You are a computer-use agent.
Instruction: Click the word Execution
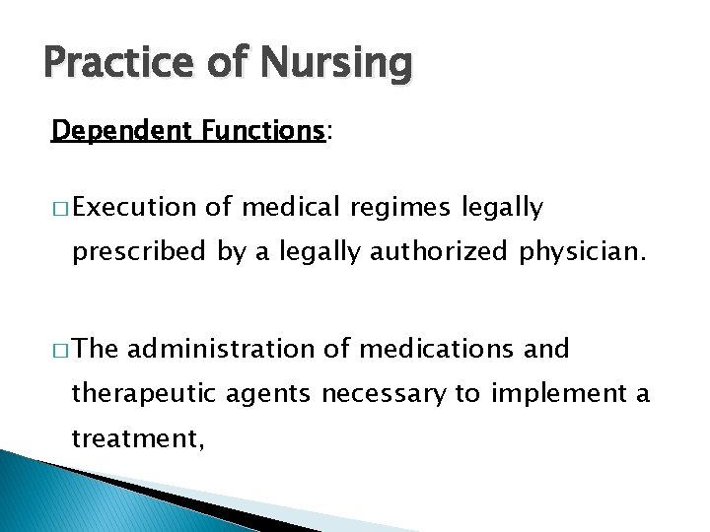135,207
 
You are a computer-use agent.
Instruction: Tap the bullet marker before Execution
58,208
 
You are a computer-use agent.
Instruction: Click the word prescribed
139,252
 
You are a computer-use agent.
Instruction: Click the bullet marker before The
58,350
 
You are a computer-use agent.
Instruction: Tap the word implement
555,395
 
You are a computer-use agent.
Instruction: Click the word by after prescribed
231,253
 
